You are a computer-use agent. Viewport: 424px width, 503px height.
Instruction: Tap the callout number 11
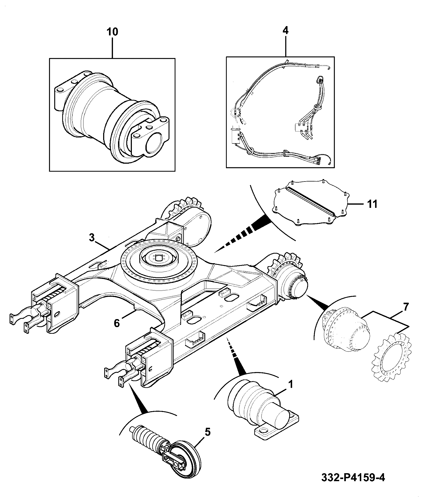tap(372, 204)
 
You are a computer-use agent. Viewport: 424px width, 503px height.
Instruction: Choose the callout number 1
tap(290, 384)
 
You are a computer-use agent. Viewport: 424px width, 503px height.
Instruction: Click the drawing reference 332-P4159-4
tap(353, 485)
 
